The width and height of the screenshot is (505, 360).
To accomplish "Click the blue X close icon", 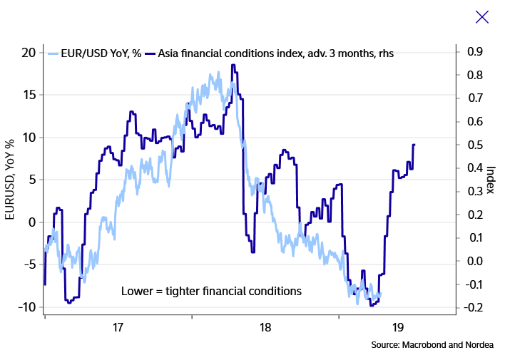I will click(482, 17).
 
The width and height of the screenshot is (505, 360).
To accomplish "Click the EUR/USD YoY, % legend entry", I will click(96, 53).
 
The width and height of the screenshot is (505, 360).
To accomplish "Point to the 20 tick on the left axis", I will click(28, 52).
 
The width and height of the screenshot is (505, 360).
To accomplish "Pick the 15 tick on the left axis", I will click(28, 95).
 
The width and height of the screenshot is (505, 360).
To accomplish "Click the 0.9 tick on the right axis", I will click(474, 52).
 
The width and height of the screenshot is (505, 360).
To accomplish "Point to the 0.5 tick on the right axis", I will click(474, 145).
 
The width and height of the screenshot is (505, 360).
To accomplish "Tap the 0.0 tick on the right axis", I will click(474, 261).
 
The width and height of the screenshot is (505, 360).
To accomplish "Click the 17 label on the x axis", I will click(118, 328).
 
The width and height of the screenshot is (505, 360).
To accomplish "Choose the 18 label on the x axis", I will click(265, 328).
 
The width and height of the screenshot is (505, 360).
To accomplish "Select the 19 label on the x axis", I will click(398, 328).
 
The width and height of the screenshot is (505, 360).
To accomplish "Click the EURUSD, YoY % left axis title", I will click(10, 180).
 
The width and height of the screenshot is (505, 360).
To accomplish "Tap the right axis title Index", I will click(491, 180).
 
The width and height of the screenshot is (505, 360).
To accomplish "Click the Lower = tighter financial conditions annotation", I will click(211, 291).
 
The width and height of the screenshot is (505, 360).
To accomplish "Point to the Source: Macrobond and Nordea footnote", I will click(432, 345).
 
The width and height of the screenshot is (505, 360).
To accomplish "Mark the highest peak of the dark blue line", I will click(233, 66).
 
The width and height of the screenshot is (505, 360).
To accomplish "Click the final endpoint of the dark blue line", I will click(414, 145).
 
